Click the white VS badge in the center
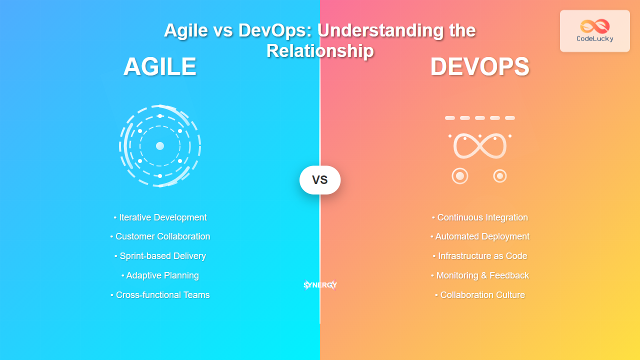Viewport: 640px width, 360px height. [320, 180]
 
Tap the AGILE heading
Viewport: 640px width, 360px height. [160, 67]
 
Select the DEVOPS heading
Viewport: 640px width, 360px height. [479, 67]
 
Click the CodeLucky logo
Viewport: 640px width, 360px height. [594, 30]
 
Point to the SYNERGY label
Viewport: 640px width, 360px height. [320, 285]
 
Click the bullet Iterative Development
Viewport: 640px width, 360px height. [160, 217]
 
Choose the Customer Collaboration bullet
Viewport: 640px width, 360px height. [160, 236]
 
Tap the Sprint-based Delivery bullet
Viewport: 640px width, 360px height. [160, 256]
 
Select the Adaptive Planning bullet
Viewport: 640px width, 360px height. [160, 275]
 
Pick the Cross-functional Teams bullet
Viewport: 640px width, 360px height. [160, 295]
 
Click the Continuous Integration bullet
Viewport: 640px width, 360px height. [480, 217]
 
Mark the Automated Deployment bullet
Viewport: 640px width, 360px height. [480, 236]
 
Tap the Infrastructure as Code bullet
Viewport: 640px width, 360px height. [480, 256]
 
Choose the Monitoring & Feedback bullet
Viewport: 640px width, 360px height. [480, 275]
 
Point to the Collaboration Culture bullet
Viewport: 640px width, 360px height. [480, 295]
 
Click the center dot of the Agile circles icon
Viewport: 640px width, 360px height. [160, 146]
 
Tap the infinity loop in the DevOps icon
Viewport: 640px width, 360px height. [480, 146]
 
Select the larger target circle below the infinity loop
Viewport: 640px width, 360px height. [460, 176]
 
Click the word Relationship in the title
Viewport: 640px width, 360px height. [320, 51]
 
